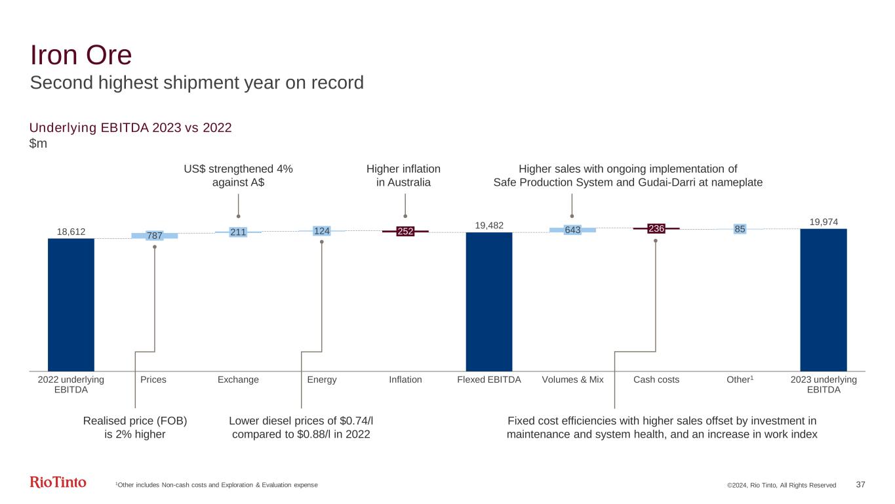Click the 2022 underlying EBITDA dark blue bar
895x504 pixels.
71,304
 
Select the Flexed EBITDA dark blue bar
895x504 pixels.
488,301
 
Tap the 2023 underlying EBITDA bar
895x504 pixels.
823,299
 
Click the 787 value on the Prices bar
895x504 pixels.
154,236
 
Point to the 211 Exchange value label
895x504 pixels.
238,232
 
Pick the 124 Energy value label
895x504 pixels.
321,230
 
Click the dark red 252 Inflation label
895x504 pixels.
405,231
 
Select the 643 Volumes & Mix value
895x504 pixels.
572,230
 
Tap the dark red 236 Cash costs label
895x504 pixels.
656,228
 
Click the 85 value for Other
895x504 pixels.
740,229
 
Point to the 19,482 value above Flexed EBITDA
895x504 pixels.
489,225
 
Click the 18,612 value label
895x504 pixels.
71,231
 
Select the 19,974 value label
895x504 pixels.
823,222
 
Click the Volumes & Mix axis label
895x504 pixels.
572,380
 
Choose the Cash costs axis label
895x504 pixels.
656,380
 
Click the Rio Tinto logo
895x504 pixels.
58,483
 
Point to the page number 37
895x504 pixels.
861,484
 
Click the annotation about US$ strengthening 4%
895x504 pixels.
238,175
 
